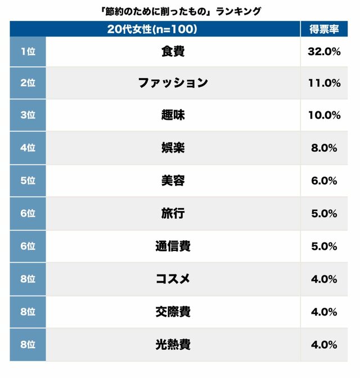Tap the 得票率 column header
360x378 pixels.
click(325, 29)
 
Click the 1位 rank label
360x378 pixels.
click(28, 51)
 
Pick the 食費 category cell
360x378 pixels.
click(173, 51)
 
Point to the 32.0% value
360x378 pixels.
click(325, 51)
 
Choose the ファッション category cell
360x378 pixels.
click(173, 83)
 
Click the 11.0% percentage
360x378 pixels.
click(325, 83)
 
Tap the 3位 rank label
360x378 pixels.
click(28, 115)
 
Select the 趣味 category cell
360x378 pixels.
click(173, 115)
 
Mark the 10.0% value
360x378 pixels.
click(325, 115)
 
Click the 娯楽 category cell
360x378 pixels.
click(173, 148)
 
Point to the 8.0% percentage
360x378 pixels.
click(325, 148)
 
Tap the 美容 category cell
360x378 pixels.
click(173, 181)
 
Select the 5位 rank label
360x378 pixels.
click(28, 181)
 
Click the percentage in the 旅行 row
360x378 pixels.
click(325, 214)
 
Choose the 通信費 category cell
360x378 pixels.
click(173, 246)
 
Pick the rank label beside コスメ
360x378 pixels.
click(28, 279)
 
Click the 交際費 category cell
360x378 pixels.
click(173, 312)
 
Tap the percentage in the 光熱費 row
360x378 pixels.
click(325, 344)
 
